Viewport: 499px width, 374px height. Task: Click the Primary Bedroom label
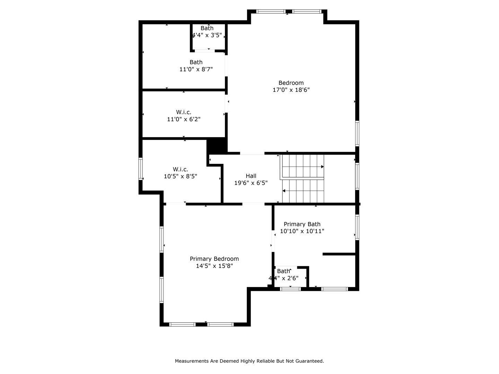click(214, 259)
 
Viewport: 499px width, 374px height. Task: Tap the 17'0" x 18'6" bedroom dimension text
click(291, 90)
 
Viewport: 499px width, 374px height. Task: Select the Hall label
click(251, 176)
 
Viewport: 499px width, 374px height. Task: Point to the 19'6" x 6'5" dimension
click(251, 183)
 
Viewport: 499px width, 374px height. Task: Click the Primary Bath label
click(302, 224)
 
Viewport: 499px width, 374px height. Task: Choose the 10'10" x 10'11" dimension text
click(302, 231)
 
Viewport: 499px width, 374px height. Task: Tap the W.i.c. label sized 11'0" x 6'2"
click(184, 112)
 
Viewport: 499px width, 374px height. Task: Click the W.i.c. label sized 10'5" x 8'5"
click(180, 169)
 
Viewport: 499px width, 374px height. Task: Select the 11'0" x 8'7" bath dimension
click(196, 69)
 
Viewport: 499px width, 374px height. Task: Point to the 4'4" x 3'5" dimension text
click(207, 35)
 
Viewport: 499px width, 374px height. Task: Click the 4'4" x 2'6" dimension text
click(283, 278)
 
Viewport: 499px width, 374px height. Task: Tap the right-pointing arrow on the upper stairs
click(322, 167)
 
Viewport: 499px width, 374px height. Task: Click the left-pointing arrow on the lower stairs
click(284, 191)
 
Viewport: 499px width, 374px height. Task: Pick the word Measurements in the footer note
click(192, 361)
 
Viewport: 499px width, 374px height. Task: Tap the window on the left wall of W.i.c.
click(141, 169)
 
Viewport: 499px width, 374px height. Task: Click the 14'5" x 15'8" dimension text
click(214, 266)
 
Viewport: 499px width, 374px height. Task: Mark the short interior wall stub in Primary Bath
click(339, 254)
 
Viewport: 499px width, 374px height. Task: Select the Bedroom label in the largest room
click(291, 83)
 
